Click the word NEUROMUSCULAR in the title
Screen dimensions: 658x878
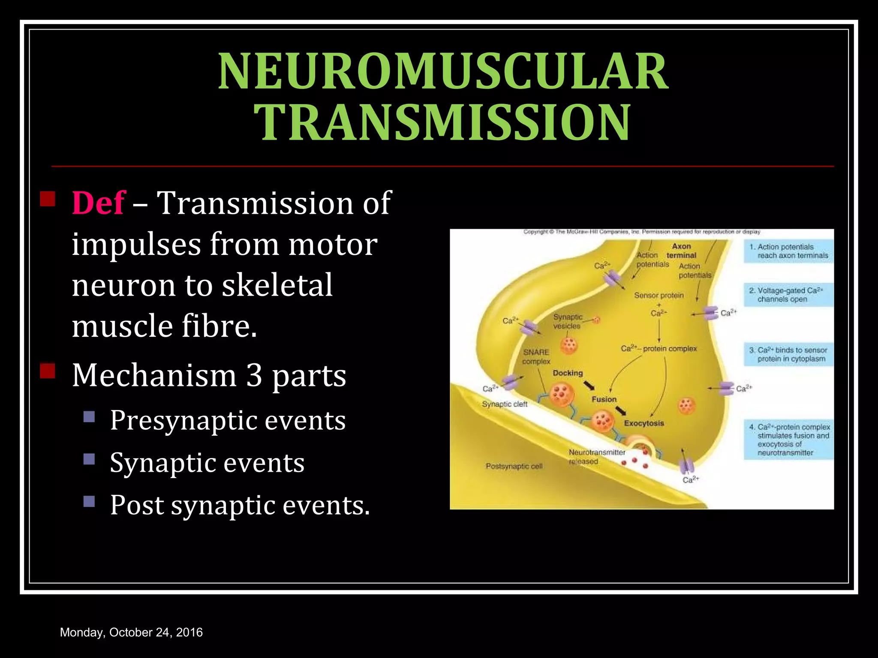pos(443,72)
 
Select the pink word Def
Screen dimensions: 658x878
pos(98,203)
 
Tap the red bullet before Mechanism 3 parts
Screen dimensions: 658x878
pos(48,371)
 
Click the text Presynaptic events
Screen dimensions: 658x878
pos(228,420)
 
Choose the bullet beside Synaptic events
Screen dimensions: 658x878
pos(89,459)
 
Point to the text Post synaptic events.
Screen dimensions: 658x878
pos(240,505)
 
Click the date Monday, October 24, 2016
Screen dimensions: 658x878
pos(131,632)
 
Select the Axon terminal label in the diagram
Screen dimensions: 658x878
pos(681,251)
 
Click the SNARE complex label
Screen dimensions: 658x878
pos(536,356)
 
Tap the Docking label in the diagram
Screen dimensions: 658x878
pos(568,373)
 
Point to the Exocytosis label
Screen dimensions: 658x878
pos(643,423)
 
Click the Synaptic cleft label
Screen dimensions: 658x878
pos(505,404)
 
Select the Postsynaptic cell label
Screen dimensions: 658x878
pos(514,466)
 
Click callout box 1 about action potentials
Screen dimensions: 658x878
pos(788,251)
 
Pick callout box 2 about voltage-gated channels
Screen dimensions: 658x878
pos(788,295)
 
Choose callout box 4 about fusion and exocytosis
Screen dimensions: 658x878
pos(788,440)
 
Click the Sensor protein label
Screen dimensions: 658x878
pos(658,296)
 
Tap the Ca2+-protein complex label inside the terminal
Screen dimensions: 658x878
pos(658,349)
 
